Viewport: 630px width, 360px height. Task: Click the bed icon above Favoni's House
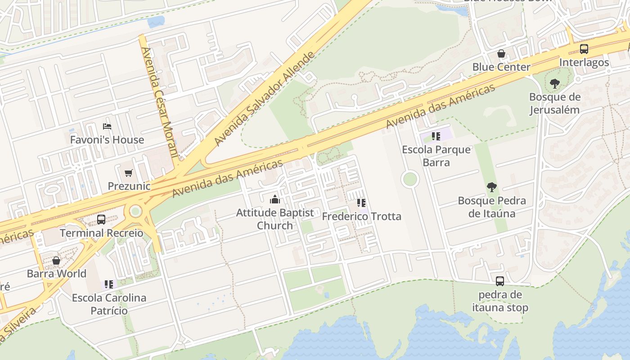[107, 126]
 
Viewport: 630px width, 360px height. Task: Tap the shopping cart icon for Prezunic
[129, 173]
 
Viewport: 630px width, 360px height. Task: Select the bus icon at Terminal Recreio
[101, 220]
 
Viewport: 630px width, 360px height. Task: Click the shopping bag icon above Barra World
[56, 261]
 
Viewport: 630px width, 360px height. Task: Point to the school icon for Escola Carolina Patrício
[109, 284]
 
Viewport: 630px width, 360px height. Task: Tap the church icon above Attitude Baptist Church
[274, 199]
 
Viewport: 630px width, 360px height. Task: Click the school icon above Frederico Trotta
[361, 203]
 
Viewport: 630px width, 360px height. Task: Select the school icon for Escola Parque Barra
[436, 136]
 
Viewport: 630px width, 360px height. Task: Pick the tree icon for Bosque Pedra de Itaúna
[491, 187]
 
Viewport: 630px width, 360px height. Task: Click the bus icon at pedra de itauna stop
[500, 281]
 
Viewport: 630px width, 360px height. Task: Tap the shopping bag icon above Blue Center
[501, 54]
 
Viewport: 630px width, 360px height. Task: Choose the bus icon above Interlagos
[584, 49]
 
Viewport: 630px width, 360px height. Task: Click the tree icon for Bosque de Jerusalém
[555, 83]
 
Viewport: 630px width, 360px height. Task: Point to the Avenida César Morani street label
[160, 103]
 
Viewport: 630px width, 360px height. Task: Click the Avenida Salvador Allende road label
[264, 99]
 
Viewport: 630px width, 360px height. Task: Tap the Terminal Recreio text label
[101, 233]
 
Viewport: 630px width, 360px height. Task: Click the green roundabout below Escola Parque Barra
[410, 179]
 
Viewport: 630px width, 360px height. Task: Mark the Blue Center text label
[501, 67]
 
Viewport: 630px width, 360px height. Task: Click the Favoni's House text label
[107, 140]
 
